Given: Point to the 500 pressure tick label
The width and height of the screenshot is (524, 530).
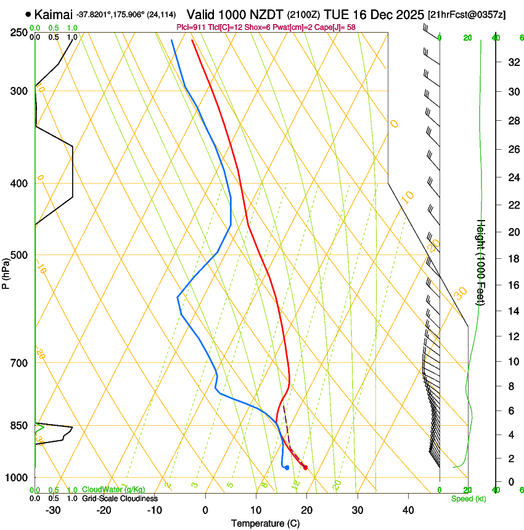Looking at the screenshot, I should [x=18, y=255].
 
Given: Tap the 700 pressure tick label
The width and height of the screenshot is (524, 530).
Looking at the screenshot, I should [x=18, y=363].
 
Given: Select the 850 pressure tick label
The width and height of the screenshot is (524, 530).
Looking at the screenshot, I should [x=18, y=425].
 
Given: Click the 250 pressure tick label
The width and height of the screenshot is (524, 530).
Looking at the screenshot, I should [x=18, y=32].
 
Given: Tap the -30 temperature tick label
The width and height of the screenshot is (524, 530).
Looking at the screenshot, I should [x=53, y=510].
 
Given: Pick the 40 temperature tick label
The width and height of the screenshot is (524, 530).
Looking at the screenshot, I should [x=408, y=510].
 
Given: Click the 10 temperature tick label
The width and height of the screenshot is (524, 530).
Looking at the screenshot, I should [x=256, y=510].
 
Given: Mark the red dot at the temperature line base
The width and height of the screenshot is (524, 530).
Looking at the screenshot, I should [x=305, y=468].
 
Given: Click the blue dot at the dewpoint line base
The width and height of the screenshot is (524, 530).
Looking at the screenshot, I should [x=287, y=468].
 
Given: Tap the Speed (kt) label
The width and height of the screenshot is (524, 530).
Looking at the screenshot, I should [x=469, y=499].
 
